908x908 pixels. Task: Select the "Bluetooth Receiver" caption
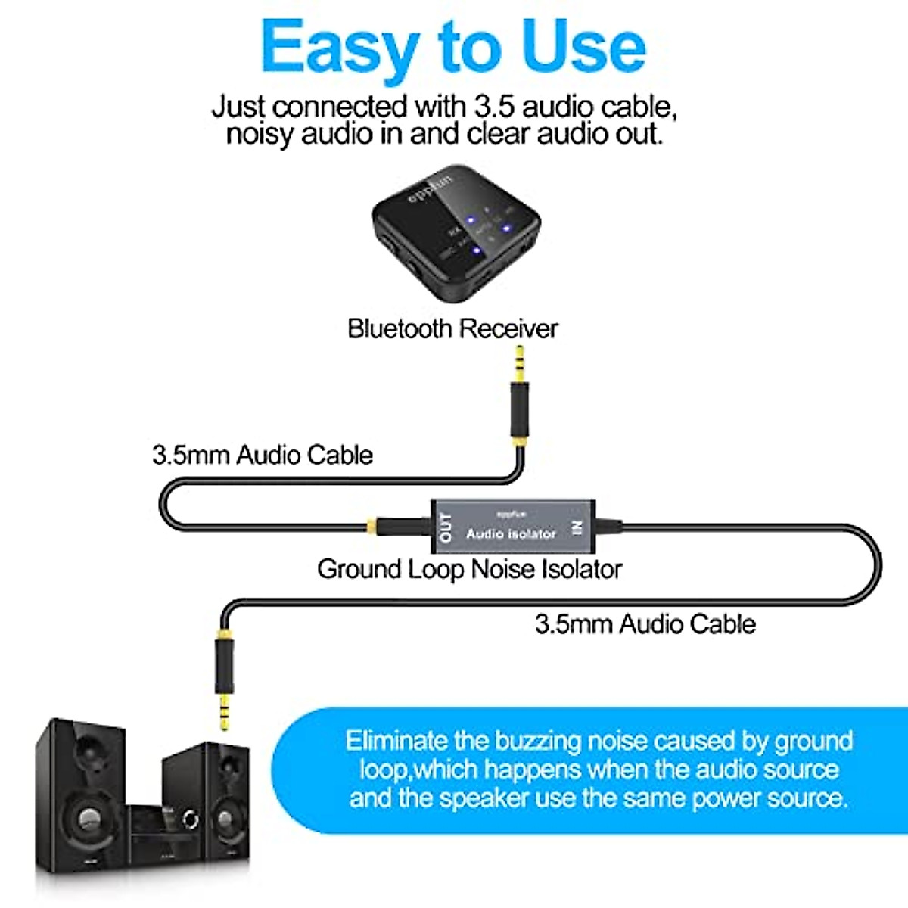point(452,329)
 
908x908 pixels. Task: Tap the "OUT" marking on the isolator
point(446,527)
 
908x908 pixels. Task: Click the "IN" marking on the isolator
point(578,527)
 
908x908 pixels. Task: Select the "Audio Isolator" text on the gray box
point(511,533)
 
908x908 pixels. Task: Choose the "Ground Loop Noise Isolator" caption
point(469,569)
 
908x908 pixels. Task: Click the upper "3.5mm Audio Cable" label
point(263,456)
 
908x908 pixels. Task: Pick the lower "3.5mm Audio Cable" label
point(645,624)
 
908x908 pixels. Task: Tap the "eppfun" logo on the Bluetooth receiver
point(430,188)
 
